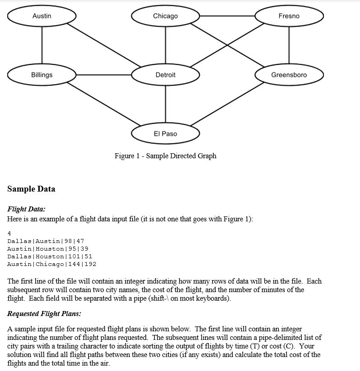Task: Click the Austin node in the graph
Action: [x=42, y=16]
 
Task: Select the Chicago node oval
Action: [x=165, y=16]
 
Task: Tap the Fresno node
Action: [x=289, y=16]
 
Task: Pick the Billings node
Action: [x=42, y=75]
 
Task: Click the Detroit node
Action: [x=165, y=75]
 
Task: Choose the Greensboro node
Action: [x=289, y=75]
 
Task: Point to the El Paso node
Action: [x=165, y=134]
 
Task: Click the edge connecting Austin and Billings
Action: [x=42, y=46]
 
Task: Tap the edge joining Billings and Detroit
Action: [x=104, y=75]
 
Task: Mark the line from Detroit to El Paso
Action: [x=165, y=104]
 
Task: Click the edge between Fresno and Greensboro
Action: [x=289, y=46]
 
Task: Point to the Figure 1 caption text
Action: [x=165, y=156]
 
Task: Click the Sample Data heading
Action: [x=31, y=189]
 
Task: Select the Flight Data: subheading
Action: [x=26, y=209]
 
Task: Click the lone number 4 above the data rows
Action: [x=9, y=233]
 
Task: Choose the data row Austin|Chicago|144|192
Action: [x=51, y=264]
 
